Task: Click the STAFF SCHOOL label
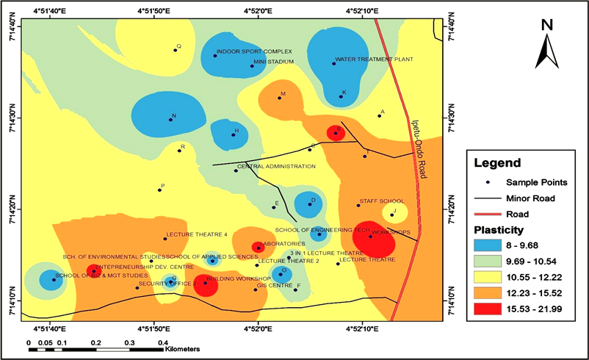[382, 201]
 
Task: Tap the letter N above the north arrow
[547, 24]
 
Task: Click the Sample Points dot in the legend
[486, 181]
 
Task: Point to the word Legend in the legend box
[497, 162]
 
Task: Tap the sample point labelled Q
[176, 50]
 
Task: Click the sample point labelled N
[170, 119]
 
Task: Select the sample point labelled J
[392, 215]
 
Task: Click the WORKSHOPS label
[391, 232]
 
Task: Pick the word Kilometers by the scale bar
[182, 350]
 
